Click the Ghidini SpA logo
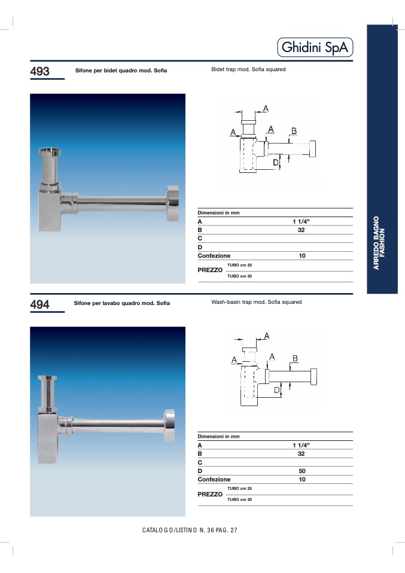click(315, 47)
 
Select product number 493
click(40, 71)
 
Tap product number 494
click(40, 304)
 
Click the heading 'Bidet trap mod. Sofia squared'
click(248, 69)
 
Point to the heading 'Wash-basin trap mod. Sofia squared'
click(257, 302)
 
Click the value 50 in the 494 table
click(302, 471)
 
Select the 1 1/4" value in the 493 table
click(301, 221)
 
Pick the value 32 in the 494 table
click(301, 454)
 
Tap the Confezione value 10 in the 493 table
click(302, 256)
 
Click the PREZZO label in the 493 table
click(210, 270)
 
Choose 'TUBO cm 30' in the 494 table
click(240, 499)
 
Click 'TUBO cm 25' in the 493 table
click(240, 266)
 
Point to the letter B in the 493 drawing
click(294, 131)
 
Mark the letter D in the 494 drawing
click(277, 391)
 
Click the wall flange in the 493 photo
click(172, 203)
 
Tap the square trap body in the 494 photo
click(48, 438)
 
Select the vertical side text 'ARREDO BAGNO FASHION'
click(379, 243)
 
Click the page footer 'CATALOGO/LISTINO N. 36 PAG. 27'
click(190, 531)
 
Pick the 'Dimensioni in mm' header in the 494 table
click(218, 437)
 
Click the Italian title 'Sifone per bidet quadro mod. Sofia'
click(121, 71)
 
